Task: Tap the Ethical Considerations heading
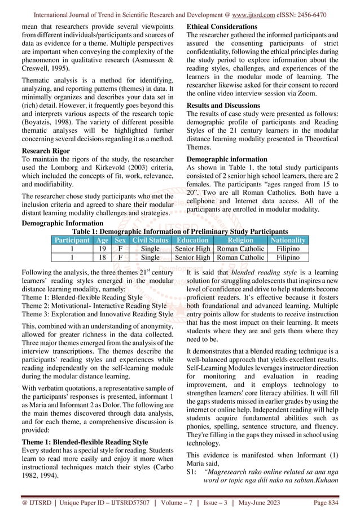pos(222,27)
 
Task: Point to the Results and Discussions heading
pos(223,106)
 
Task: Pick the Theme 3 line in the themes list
pos(96,313)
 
